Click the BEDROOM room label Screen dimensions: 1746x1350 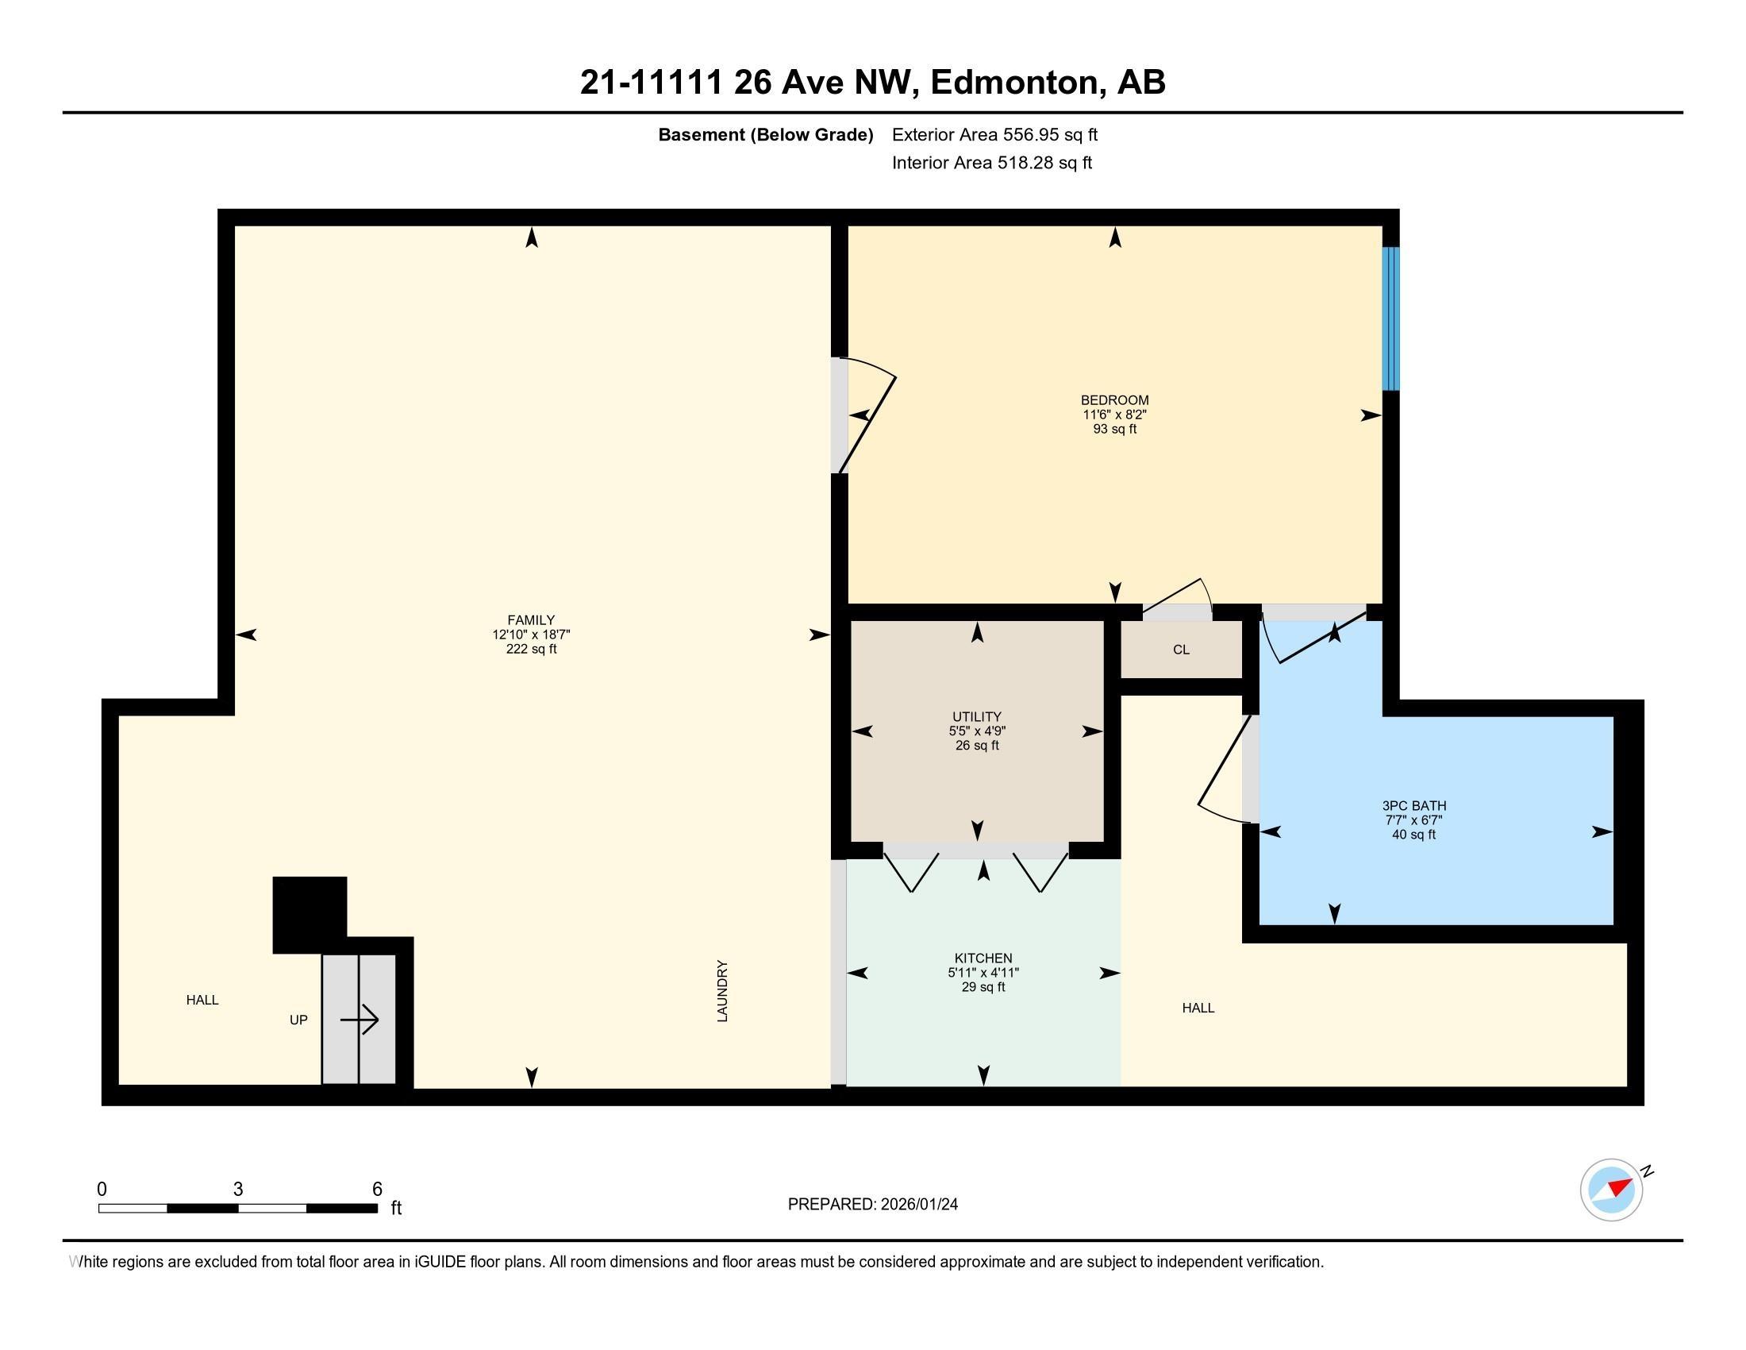click(x=1114, y=400)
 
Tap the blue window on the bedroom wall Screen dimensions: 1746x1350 click(x=1391, y=318)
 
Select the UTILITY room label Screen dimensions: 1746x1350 click(x=977, y=716)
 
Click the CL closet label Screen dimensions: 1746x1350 click(x=1181, y=650)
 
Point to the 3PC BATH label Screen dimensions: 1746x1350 click(x=1413, y=805)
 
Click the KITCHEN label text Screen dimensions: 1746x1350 click(x=983, y=958)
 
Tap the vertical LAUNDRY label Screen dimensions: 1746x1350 click(x=722, y=991)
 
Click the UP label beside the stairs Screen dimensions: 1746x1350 click(x=298, y=1020)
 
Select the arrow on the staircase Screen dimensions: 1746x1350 click(x=359, y=1020)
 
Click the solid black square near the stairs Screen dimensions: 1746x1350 click(x=310, y=914)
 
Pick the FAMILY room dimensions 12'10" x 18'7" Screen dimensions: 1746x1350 click(x=531, y=634)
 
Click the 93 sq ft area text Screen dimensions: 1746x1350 click(x=1114, y=429)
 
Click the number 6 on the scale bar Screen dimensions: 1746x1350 click(x=377, y=1190)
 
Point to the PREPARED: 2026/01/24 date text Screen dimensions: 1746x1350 click(x=872, y=1204)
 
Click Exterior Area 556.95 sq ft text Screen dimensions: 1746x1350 click(x=994, y=134)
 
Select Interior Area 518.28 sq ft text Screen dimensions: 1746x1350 click(x=991, y=162)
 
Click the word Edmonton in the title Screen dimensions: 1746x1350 click(x=1014, y=83)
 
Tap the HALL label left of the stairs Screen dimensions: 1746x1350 click(x=202, y=1000)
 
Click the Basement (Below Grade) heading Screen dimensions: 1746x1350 click(x=765, y=134)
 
